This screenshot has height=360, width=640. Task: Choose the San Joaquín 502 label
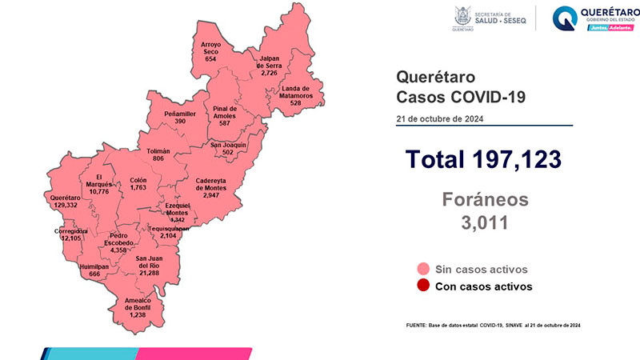point(227,150)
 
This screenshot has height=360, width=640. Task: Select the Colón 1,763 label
point(138,186)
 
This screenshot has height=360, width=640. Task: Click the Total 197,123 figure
point(482,159)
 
